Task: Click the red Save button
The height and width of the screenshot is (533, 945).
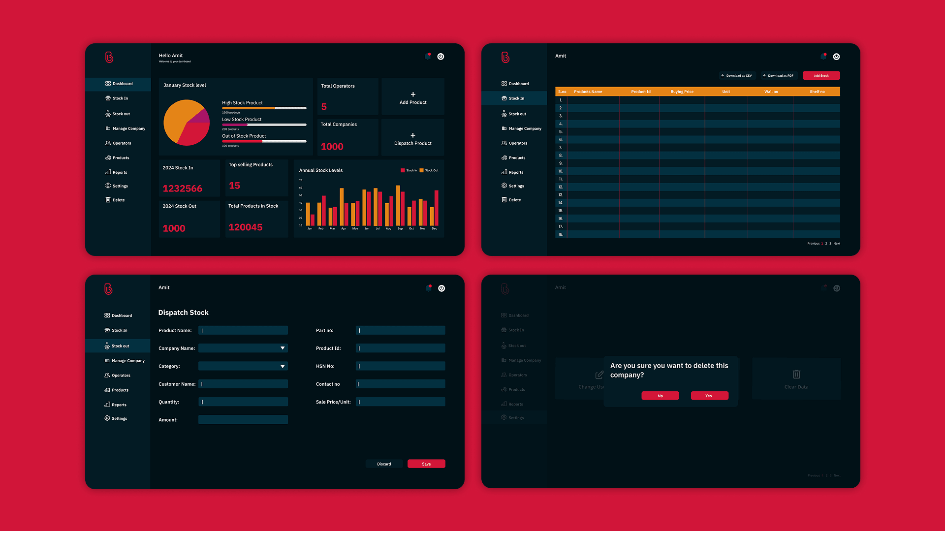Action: [426, 464]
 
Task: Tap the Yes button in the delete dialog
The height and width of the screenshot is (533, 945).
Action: [709, 396]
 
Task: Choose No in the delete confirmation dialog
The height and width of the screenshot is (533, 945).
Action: [660, 396]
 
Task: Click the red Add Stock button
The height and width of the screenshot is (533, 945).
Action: [821, 76]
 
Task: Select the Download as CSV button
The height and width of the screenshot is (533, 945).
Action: [736, 76]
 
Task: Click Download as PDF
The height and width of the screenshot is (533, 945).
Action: [778, 76]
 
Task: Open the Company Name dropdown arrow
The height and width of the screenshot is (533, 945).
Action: [283, 348]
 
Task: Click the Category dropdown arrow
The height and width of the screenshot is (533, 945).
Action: [283, 367]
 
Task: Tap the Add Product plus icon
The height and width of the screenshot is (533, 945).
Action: [413, 94]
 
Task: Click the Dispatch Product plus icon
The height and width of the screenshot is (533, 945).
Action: [413, 135]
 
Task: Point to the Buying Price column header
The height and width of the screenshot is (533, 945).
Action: [682, 92]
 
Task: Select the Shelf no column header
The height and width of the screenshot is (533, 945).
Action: [817, 92]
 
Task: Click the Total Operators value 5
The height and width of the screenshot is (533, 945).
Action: [324, 107]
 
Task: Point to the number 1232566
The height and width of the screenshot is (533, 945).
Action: [183, 188]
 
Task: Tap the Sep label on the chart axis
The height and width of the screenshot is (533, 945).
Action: [400, 229]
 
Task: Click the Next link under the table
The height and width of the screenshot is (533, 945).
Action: [837, 244]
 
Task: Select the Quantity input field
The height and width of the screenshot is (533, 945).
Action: [243, 402]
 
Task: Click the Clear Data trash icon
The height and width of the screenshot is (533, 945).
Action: [796, 375]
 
